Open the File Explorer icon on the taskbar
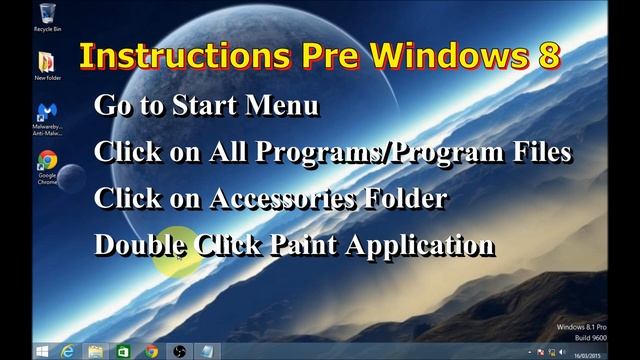[95, 351]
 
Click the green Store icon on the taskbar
[122, 351]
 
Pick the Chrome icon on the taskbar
[151, 351]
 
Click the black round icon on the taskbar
[179, 351]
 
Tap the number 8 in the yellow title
[548, 56]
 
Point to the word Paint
[305, 245]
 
